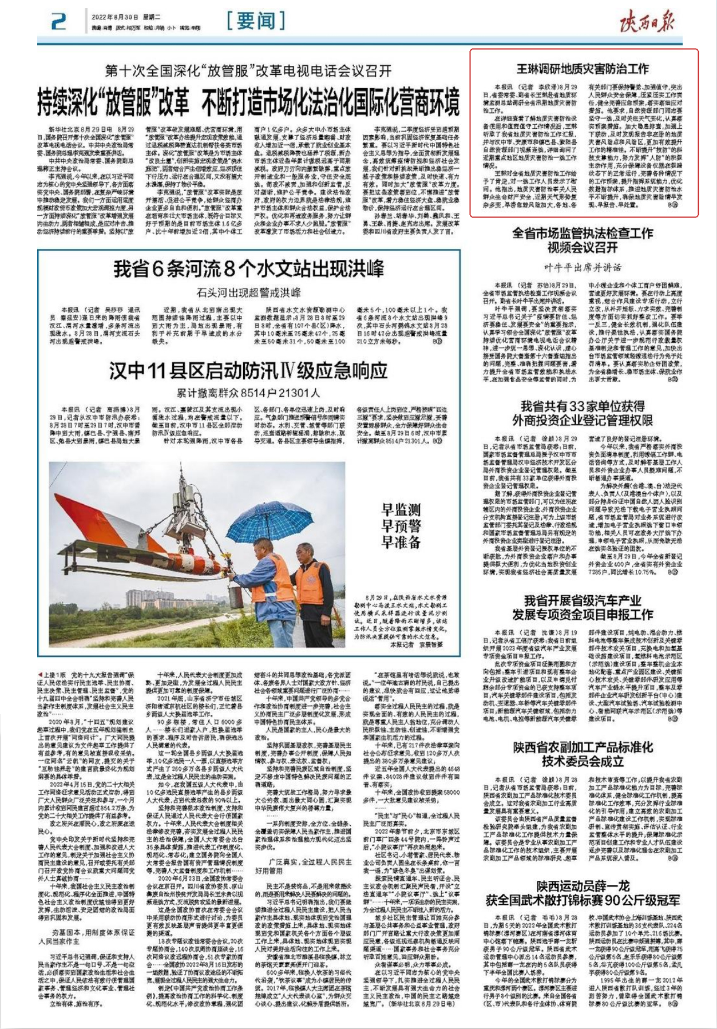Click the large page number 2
click(58, 22)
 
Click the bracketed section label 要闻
click(255, 21)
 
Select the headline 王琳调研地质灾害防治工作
click(583, 69)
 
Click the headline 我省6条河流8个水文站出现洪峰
click(248, 269)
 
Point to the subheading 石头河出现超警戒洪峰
click(248, 293)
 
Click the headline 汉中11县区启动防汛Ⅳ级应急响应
click(248, 371)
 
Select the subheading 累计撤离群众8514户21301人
click(248, 393)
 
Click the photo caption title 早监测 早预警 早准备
click(401, 525)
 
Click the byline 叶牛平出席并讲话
click(583, 267)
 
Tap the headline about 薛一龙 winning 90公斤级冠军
click(583, 893)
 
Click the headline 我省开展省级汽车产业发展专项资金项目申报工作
click(583, 608)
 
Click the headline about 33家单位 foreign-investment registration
click(583, 413)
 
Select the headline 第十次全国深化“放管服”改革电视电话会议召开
click(248, 71)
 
